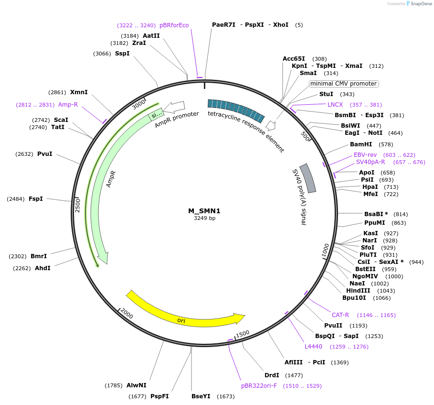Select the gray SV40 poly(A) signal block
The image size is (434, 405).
308,178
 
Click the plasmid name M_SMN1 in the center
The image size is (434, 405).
204,211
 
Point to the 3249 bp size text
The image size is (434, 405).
204,218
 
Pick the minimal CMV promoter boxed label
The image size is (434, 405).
343,84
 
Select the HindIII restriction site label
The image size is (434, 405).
358,291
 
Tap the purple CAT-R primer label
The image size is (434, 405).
340,315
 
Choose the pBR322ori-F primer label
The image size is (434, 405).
259,386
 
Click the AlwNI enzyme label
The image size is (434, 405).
137,385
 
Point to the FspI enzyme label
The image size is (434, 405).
36,199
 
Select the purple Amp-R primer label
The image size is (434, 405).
68,105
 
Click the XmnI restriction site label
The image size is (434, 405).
79,92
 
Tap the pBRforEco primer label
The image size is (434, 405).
174,25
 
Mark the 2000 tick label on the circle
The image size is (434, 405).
127,314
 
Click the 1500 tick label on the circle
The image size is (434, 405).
243,333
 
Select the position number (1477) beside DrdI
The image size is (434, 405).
294,375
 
